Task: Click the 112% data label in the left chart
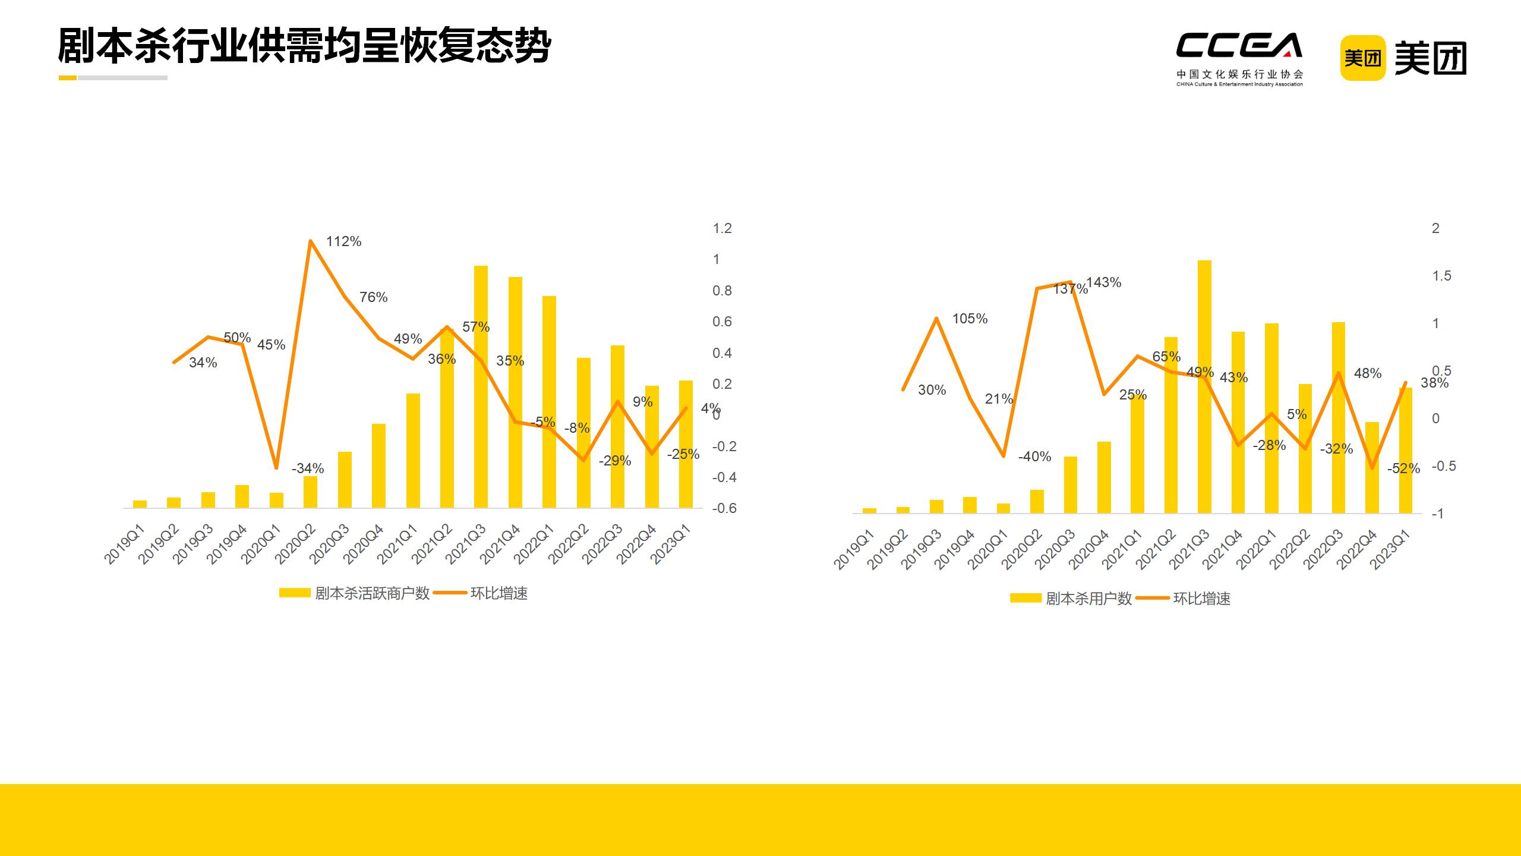point(343,241)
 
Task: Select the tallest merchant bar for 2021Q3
point(481,386)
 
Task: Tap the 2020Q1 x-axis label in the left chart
point(260,545)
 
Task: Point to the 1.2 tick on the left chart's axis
point(722,228)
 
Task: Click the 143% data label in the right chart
point(1104,282)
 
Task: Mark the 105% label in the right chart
point(970,319)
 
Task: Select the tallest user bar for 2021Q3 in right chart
point(1204,386)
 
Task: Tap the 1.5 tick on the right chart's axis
point(1441,276)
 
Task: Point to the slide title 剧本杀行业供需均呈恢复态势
point(305,45)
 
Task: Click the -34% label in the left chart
point(308,468)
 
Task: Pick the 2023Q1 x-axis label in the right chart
point(1391,550)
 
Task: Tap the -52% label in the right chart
point(1403,468)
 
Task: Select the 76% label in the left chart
point(373,297)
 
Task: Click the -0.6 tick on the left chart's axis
point(724,508)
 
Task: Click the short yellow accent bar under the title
point(68,78)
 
